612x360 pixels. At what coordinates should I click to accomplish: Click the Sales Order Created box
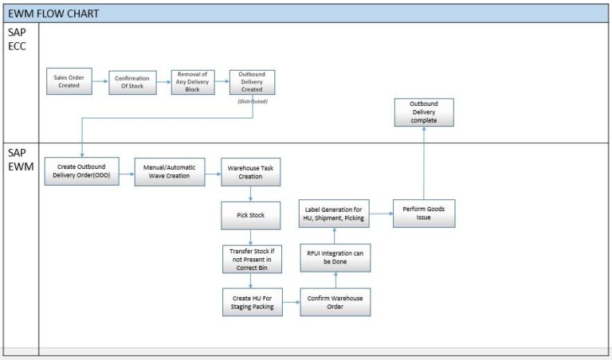(x=69, y=81)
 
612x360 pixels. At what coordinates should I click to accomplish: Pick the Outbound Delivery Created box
(x=252, y=81)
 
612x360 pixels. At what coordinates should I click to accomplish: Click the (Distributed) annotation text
(x=252, y=101)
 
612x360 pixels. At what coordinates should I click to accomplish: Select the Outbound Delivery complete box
(x=423, y=112)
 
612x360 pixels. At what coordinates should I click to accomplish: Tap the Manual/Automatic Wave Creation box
(x=170, y=171)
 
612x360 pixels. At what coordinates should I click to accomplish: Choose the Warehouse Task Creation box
(x=251, y=171)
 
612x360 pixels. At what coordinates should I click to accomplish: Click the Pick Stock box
(x=251, y=215)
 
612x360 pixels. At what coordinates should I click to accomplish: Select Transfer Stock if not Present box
(x=251, y=258)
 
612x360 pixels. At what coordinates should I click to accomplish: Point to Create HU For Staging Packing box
(x=251, y=302)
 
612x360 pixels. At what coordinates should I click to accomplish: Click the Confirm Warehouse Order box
(x=335, y=302)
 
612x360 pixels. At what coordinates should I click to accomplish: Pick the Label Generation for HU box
(x=335, y=213)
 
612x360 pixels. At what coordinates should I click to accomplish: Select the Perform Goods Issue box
(x=423, y=213)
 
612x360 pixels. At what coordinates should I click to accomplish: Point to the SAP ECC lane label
(x=20, y=39)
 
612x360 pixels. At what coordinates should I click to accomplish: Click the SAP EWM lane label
(x=20, y=159)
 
